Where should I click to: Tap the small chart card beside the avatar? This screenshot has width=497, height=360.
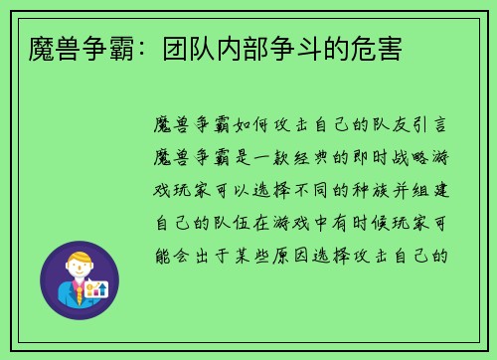click(96, 289)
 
